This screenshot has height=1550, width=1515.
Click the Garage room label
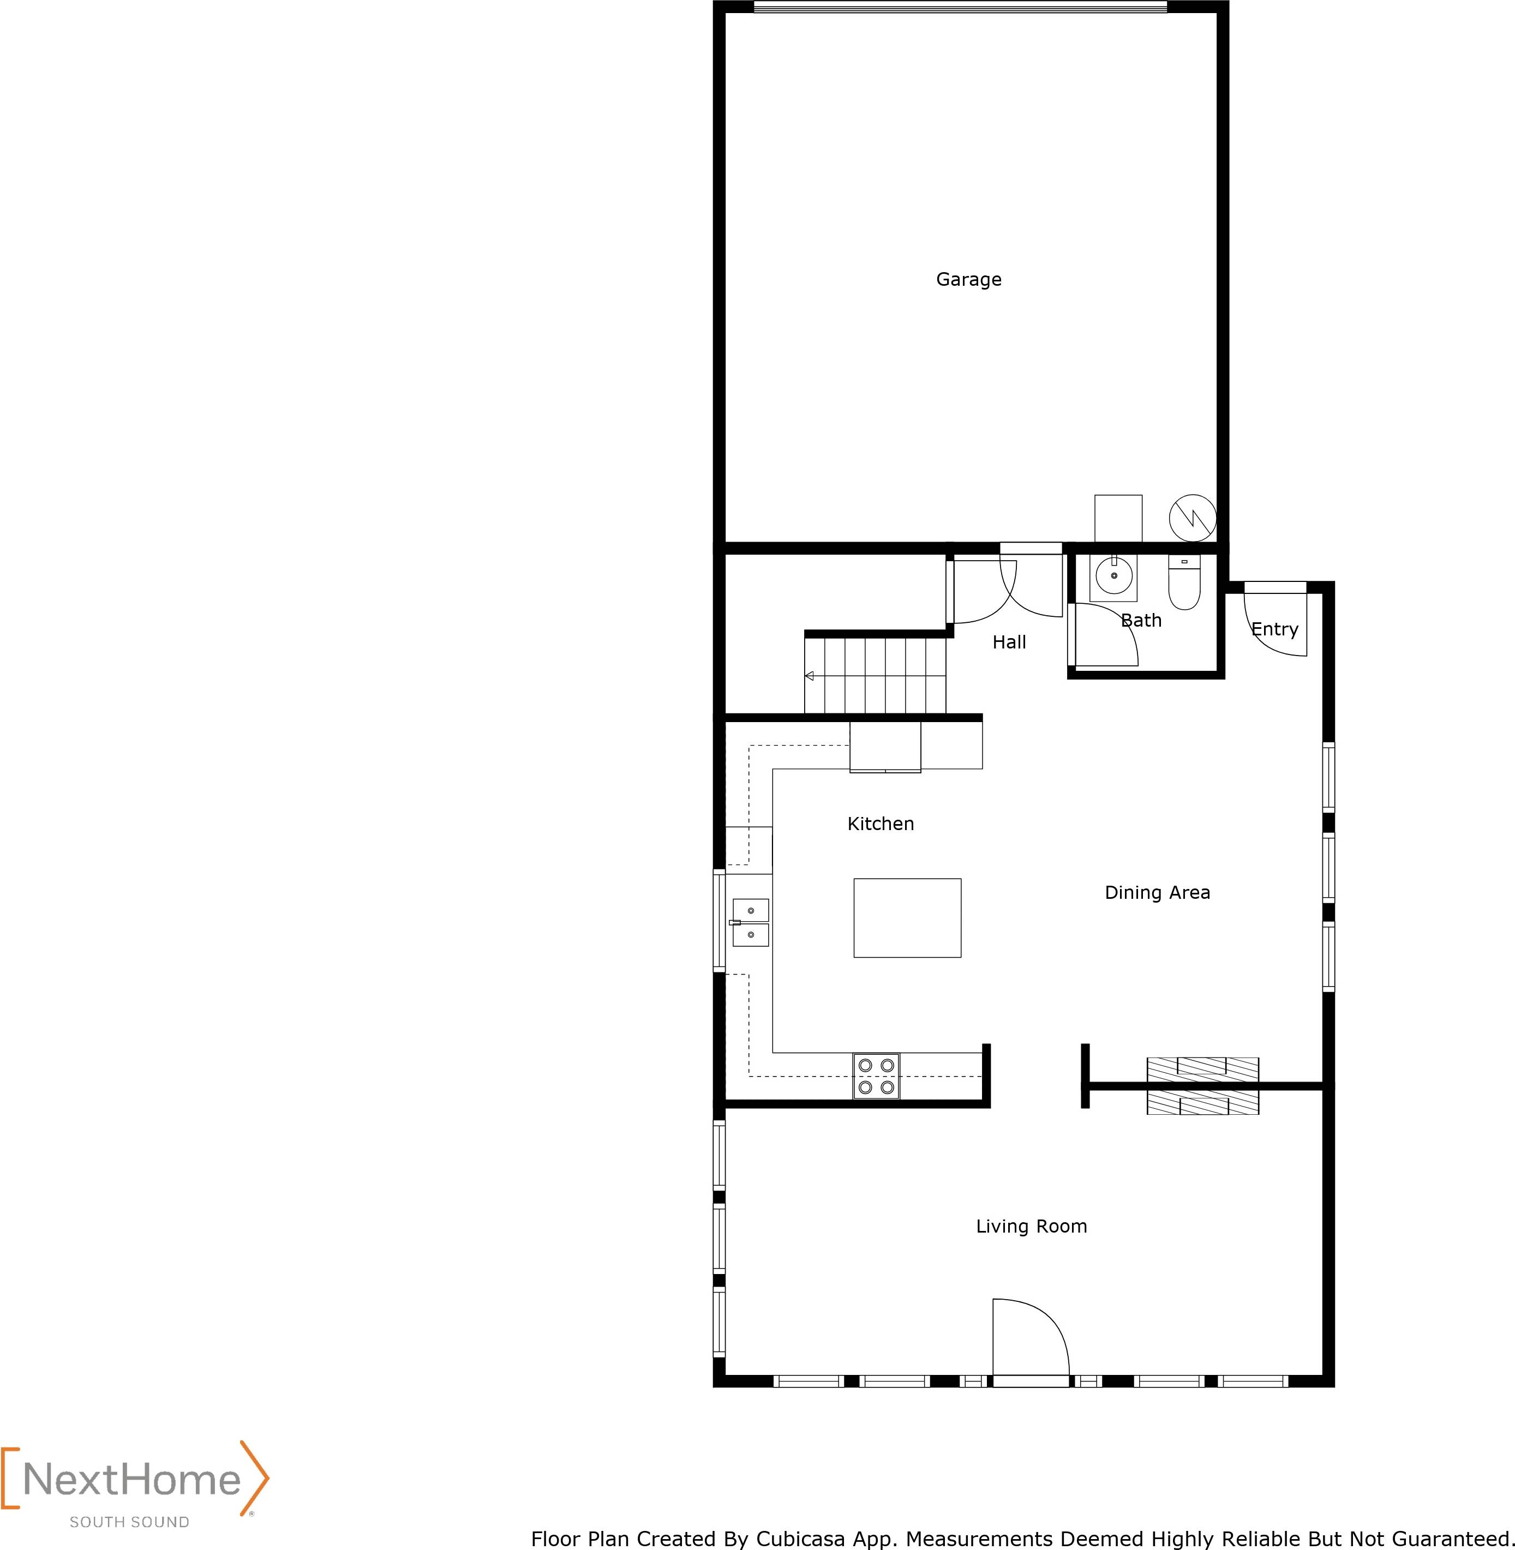coord(968,280)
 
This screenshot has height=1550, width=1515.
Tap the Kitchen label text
coord(881,824)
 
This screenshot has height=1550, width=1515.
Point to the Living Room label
coord(1031,1227)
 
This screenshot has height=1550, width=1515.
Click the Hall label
coord(1009,642)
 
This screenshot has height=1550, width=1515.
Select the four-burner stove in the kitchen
coord(876,1076)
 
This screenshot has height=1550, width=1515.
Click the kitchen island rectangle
coord(907,918)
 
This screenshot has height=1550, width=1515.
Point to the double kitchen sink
coord(750,922)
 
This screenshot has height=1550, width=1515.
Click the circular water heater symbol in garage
coord(1193,519)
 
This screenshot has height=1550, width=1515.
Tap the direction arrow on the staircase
coord(809,676)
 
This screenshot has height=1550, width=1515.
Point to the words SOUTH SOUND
coord(130,1522)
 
